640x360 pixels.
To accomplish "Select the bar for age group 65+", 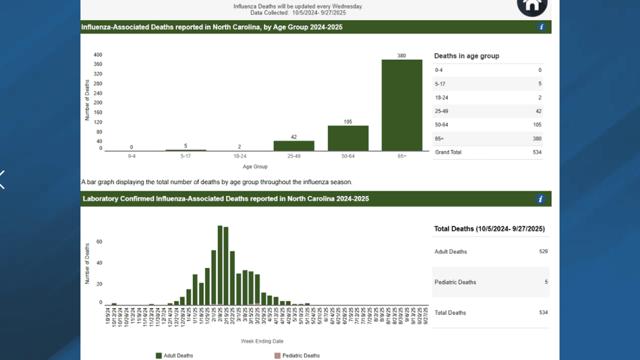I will coord(402,105).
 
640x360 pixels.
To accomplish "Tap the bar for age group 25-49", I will coord(293,146).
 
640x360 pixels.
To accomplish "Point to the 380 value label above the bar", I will coord(402,56).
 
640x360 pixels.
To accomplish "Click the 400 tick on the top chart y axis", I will coord(97,55).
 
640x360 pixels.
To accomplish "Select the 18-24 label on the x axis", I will coord(240,156).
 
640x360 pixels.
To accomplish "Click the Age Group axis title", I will coord(255,167).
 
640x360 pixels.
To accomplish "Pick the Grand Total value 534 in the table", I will coord(536,152).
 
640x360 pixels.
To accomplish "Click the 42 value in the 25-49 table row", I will coord(538,112).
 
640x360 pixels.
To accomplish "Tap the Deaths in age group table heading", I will coord(467,56).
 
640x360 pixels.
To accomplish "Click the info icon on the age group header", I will coord(541,27).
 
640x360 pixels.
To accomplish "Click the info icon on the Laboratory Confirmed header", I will coord(540,199).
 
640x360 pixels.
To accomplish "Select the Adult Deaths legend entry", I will coord(175,355).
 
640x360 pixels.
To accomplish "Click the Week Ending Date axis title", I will coord(262,341).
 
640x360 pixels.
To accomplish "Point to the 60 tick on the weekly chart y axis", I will coord(99,242).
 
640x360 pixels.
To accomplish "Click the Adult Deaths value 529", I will coord(543,252).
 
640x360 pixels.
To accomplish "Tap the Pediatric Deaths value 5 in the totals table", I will coord(546,282).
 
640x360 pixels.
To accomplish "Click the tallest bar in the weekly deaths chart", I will coord(220,265).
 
